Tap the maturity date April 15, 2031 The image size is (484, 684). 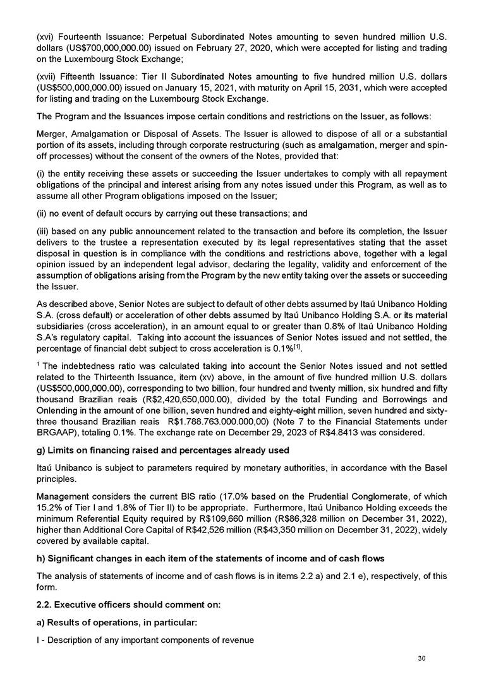[327, 88]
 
